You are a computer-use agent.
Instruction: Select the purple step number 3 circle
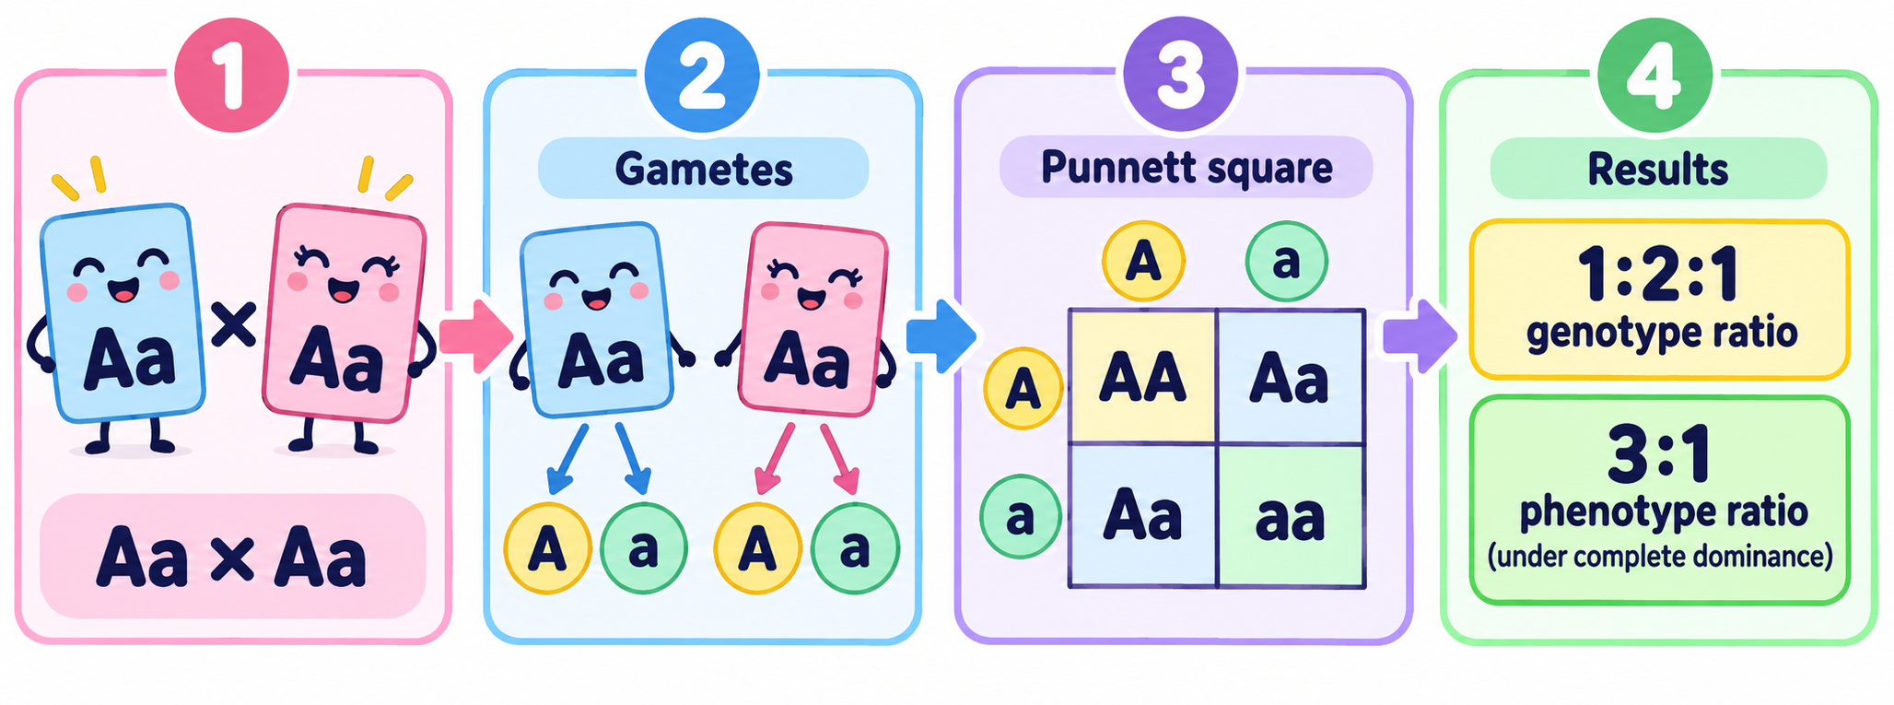click(1182, 76)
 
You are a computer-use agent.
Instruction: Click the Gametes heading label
click(704, 170)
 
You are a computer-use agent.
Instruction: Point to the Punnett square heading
click(1187, 168)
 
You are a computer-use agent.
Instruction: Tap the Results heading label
click(1658, 170)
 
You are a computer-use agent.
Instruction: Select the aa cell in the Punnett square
click(1291, 517)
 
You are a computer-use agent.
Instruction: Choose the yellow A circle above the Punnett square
click(1143, 262)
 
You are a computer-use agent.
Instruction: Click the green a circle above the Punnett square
click(1286, 262)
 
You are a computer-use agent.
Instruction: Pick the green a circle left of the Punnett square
click(1021, 517)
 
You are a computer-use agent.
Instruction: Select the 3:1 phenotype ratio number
click(1659, 454)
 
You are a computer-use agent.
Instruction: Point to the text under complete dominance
click(1659, 557)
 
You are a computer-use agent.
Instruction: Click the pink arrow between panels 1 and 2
click(475, 335)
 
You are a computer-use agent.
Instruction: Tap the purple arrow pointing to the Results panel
click(1420, 335)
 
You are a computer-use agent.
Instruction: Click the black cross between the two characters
click(234, 325)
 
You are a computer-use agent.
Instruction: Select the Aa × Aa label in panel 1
click(232, 558)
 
